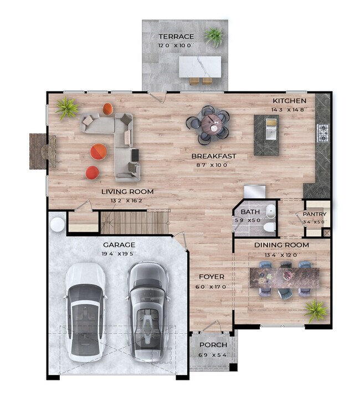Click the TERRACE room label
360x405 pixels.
(176, 37)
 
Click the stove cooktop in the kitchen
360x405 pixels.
(323, 132)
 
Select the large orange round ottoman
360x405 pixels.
(99, 151)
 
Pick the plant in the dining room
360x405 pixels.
(316, 310)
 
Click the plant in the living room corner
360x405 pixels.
(67, 108)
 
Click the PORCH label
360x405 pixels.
(213, 345)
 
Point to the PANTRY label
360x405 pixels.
(314, 215)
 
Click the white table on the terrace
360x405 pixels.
(200, 66)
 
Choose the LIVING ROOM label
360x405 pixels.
(127, 191)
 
